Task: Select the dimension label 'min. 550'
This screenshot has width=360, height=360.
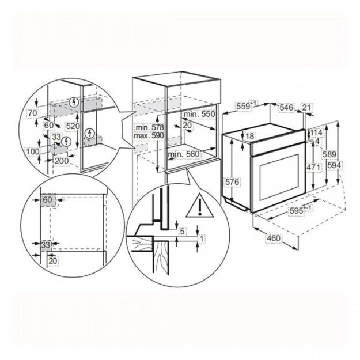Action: tap(200, 115)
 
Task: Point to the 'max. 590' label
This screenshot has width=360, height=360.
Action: tap(148, 135)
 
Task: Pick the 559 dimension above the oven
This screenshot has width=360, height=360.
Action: tap(245, 106)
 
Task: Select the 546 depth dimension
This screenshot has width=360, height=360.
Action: tap(287, 107)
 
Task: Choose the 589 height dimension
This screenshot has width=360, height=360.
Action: tap(328, 154)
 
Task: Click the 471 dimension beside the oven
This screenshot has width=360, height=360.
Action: tap(313, 166)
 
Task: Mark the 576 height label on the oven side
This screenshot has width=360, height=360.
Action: tap(232, 182)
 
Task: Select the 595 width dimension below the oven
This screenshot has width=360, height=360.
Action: tap(298, 211)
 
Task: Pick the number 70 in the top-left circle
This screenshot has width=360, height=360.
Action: tap(32, 112)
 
